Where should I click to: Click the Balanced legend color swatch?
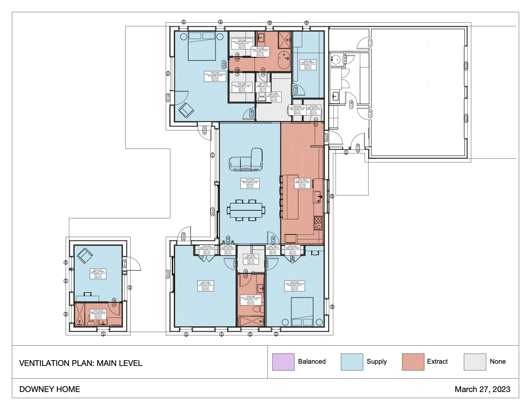tap(283, 362)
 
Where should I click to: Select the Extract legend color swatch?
tap(413, 362)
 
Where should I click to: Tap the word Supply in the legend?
tap(377, 361)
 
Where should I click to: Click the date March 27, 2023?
tap(482, 389)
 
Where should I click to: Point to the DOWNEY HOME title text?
tap(50, 389)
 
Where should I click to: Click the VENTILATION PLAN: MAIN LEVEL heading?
tap(80, 363)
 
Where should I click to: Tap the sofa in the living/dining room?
tap(246, 161)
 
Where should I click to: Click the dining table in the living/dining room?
tap(246, 210)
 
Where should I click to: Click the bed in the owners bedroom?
tap(202, 46)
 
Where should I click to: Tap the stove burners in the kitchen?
tap(318, 223)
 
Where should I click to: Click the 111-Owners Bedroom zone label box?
tap(215, 77)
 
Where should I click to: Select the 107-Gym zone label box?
tap(205, 286)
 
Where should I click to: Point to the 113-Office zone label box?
tap(98, 274)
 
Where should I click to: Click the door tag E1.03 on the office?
tap(125, 264)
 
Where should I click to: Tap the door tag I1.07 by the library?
tap(296, 89)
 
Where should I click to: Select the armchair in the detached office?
tap(85, 256)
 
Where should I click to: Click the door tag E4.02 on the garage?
tap(466, 66)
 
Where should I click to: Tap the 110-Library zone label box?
tap(308, 65)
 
